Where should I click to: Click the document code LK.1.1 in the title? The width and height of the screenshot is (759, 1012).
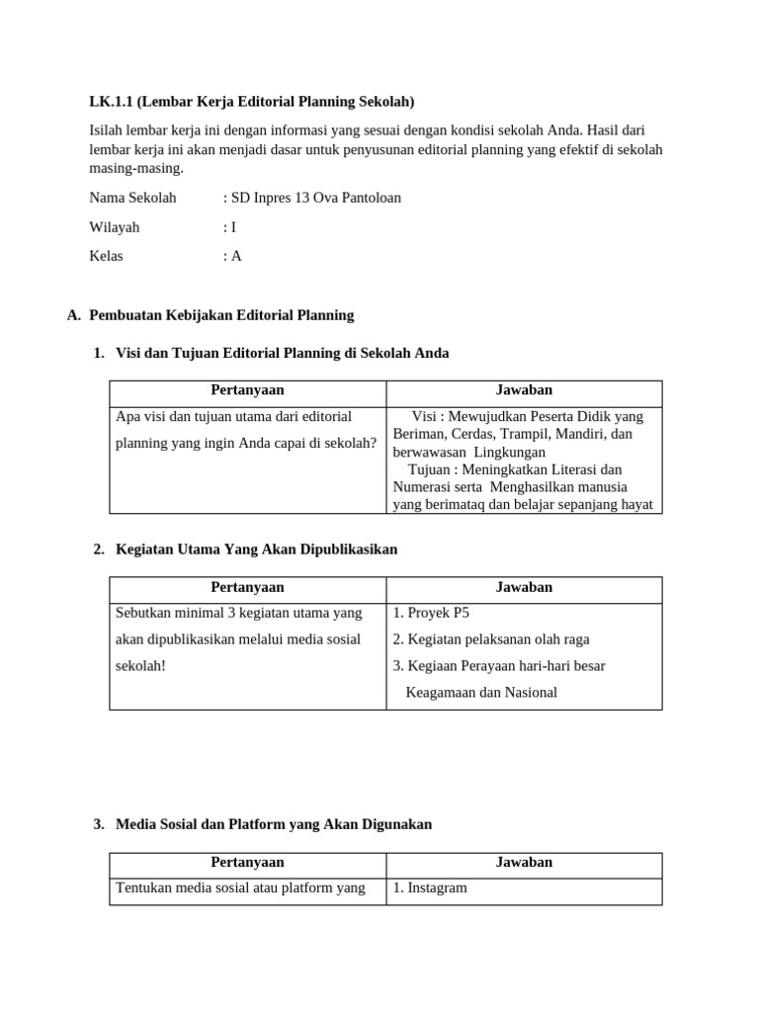click(x=110, y=102)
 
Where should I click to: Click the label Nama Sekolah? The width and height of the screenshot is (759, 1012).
click(x=132, y=198)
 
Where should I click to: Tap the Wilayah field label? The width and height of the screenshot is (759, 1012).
click(x=115, y=227)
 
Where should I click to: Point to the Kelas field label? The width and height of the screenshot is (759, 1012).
click(x=107, y=256)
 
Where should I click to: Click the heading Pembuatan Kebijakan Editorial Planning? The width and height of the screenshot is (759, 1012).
click(x=220, y=315)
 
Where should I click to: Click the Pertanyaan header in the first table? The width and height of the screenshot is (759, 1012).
click(x=247, y=390)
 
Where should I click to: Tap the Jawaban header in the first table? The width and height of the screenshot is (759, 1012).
click(x=524, y=390)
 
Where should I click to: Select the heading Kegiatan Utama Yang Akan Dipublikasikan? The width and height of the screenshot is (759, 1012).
click(x=256, y=549)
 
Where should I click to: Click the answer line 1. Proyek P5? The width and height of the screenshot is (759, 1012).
click(x=431, y=613)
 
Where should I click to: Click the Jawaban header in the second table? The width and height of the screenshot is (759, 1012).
click(x=524, y=587)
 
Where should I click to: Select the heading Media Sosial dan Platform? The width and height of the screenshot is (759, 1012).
click(x=273, y=824)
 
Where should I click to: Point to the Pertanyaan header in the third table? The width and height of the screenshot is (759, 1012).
click(x=247, y=862)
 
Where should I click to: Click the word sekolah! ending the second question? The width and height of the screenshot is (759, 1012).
click(x=140, y=666)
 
